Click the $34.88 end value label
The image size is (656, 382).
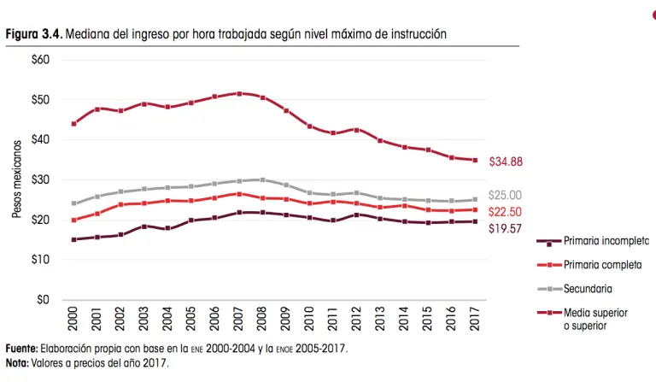click(x=506, y=162)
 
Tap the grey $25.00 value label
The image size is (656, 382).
click(x=505, y=196)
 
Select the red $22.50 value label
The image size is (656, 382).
click(x=505, y=212)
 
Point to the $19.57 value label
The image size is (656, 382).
click(x=505, y=228)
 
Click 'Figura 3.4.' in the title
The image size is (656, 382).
click(x=34, y=33)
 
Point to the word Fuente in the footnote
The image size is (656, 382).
click(x=21, y=350)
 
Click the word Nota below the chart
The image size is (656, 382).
click(x=16, y=362)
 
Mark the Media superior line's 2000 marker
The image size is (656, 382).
click(x=74, y=123)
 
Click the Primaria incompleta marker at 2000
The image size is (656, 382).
click(x=74, y=239)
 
